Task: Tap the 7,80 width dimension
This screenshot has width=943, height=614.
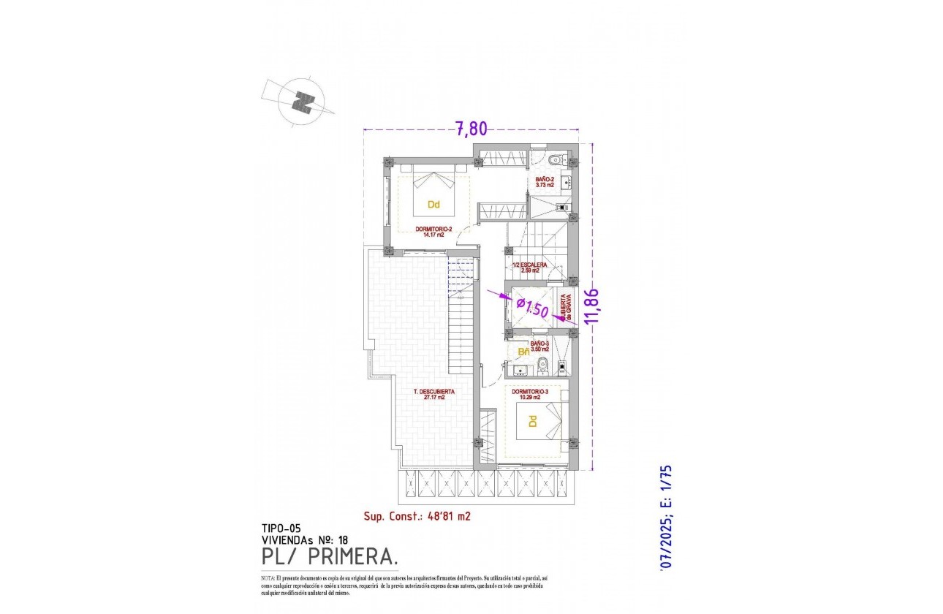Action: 471,129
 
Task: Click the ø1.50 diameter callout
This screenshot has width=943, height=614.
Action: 532,307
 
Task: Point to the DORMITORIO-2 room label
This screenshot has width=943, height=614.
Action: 434,231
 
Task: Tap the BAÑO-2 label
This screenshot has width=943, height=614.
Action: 545,182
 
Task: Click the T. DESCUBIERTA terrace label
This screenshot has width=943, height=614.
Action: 434,395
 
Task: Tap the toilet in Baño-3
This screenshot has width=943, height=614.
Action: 542,365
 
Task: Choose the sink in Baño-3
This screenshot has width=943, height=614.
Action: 516,369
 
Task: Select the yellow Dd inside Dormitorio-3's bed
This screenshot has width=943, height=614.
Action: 533,422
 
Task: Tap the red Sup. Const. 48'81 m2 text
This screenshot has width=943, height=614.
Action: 417,516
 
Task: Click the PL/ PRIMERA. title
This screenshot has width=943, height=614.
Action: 329,558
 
